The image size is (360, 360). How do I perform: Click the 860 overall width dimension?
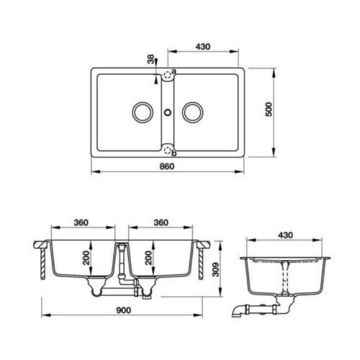coord(167,166)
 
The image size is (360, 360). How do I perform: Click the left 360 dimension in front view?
coord(81,222)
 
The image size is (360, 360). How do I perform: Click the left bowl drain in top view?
coord(140,112)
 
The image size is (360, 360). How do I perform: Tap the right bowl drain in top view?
coord(192,112)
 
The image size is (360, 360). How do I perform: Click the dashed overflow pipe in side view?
coord(287,276)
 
